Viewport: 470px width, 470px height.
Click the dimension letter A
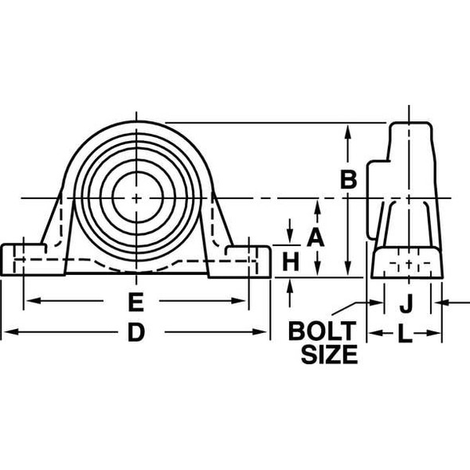[x=317, y=237]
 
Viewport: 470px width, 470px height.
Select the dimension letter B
[x=348, y=180]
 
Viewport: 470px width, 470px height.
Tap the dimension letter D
[x=136, y=333]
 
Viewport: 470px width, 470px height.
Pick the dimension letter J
[x=405, y=303]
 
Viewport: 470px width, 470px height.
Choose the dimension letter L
[x=405, y=335]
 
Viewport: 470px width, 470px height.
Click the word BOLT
[x=322, y=330]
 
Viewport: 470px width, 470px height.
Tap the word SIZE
[x=328, y=354]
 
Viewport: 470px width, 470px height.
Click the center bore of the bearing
[x=136, y=198]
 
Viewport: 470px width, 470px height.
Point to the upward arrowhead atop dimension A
[x=317, y=205]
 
